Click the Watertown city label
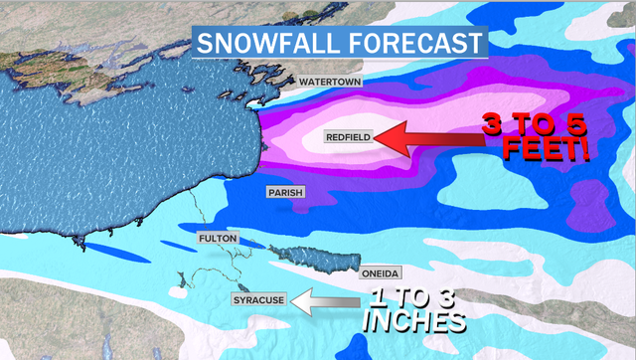click(329, 81)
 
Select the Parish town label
click(284, 192)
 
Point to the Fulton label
click(217, 239)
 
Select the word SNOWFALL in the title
click(262, 43)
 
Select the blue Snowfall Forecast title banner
click(338, 43)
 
